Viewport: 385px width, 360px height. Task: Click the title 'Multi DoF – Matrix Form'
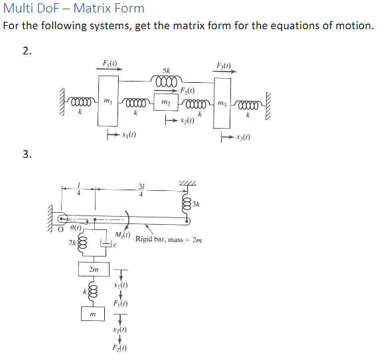[x=74, y=9]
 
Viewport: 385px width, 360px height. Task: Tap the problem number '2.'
[x=27, y=52]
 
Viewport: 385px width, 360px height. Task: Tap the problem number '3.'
[x=27, y=154]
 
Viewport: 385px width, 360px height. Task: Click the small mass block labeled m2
[x=167, y=104]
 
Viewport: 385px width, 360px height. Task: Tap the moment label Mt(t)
[x=122, y=235]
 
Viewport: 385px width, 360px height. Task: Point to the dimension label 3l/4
[x=141, y=190]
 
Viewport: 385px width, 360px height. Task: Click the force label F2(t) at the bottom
[x=120, y=347]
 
